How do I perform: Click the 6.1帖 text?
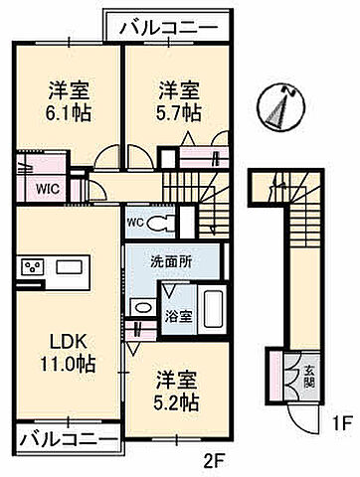68,111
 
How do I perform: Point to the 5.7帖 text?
178,111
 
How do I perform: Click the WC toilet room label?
136,222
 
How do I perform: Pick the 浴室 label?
179,319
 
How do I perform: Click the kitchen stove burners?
32,267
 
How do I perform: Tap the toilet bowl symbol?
162,221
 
